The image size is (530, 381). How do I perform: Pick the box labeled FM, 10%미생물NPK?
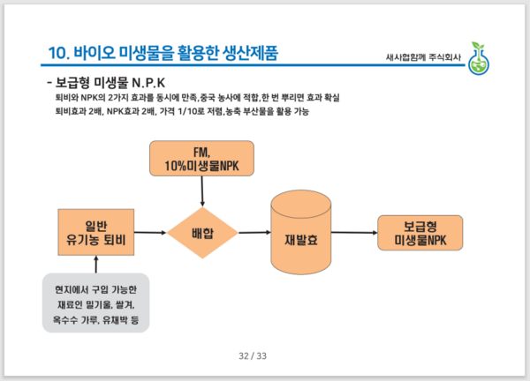pyautogui.click(x=202, y=160)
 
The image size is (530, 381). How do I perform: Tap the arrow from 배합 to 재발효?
pyautogui.click(x=254, y=233)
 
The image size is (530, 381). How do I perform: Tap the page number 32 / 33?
pyautogui.click(x=253, y=355)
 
